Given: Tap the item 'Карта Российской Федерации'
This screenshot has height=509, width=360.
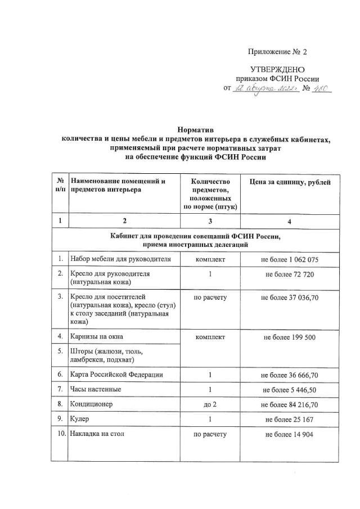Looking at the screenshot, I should pyautogui.click(x=116, y=375).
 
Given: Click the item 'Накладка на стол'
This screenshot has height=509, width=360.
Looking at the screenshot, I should pyautogui.click(x=99, y=434).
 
